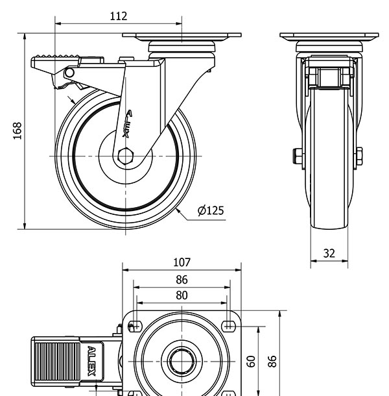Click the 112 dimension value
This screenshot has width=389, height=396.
click(118, 16)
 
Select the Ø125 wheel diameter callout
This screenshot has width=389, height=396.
click(211, 210)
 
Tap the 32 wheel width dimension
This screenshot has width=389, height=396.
click(329, 253)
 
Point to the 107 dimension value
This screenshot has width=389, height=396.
click(182, 262)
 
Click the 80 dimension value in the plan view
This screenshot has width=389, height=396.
click(182, 295)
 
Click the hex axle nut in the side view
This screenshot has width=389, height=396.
click(126, 156)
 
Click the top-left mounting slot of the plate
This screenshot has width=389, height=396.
click(136, 325)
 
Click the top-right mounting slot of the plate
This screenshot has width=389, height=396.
click(228, 325)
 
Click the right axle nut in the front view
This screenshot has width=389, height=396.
click(359, 156)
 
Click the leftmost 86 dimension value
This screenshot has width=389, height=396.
click(182, 280)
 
